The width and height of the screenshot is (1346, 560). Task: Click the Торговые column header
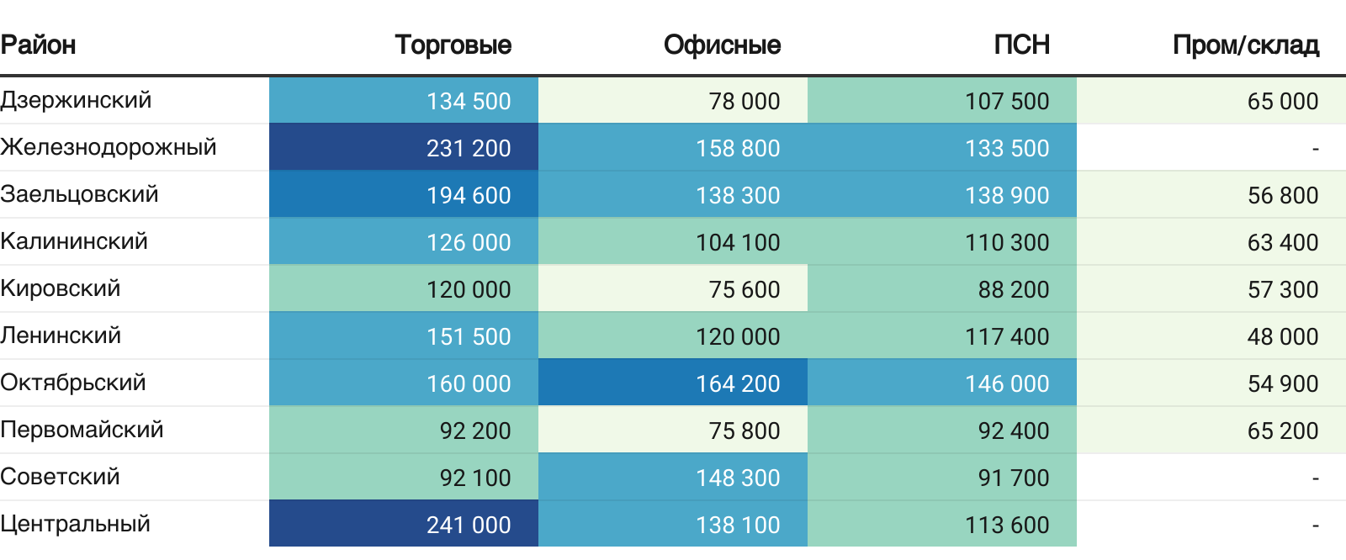[453, 45]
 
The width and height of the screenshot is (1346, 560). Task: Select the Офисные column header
[723, 45]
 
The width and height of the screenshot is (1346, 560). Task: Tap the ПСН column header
[1021, 45]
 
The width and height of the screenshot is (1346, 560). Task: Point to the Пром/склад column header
[1246, 45]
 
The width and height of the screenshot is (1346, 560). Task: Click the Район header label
[38, 45]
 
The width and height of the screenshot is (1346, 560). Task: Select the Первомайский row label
[82, 431]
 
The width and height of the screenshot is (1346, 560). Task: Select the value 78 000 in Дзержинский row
[745, 102]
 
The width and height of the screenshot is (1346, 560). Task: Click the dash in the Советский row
[1316, 478]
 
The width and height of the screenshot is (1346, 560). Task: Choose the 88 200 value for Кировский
[1014, 289]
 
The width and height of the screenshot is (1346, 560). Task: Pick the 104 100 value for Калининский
[738, 243]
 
